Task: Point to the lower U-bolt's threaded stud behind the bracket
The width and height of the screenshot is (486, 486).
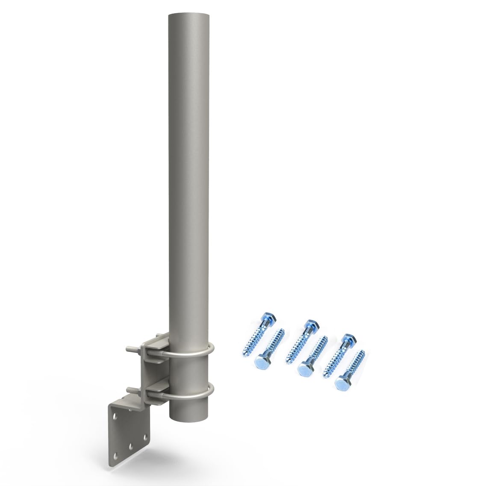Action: pyautogui.click(x=133, y=390)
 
